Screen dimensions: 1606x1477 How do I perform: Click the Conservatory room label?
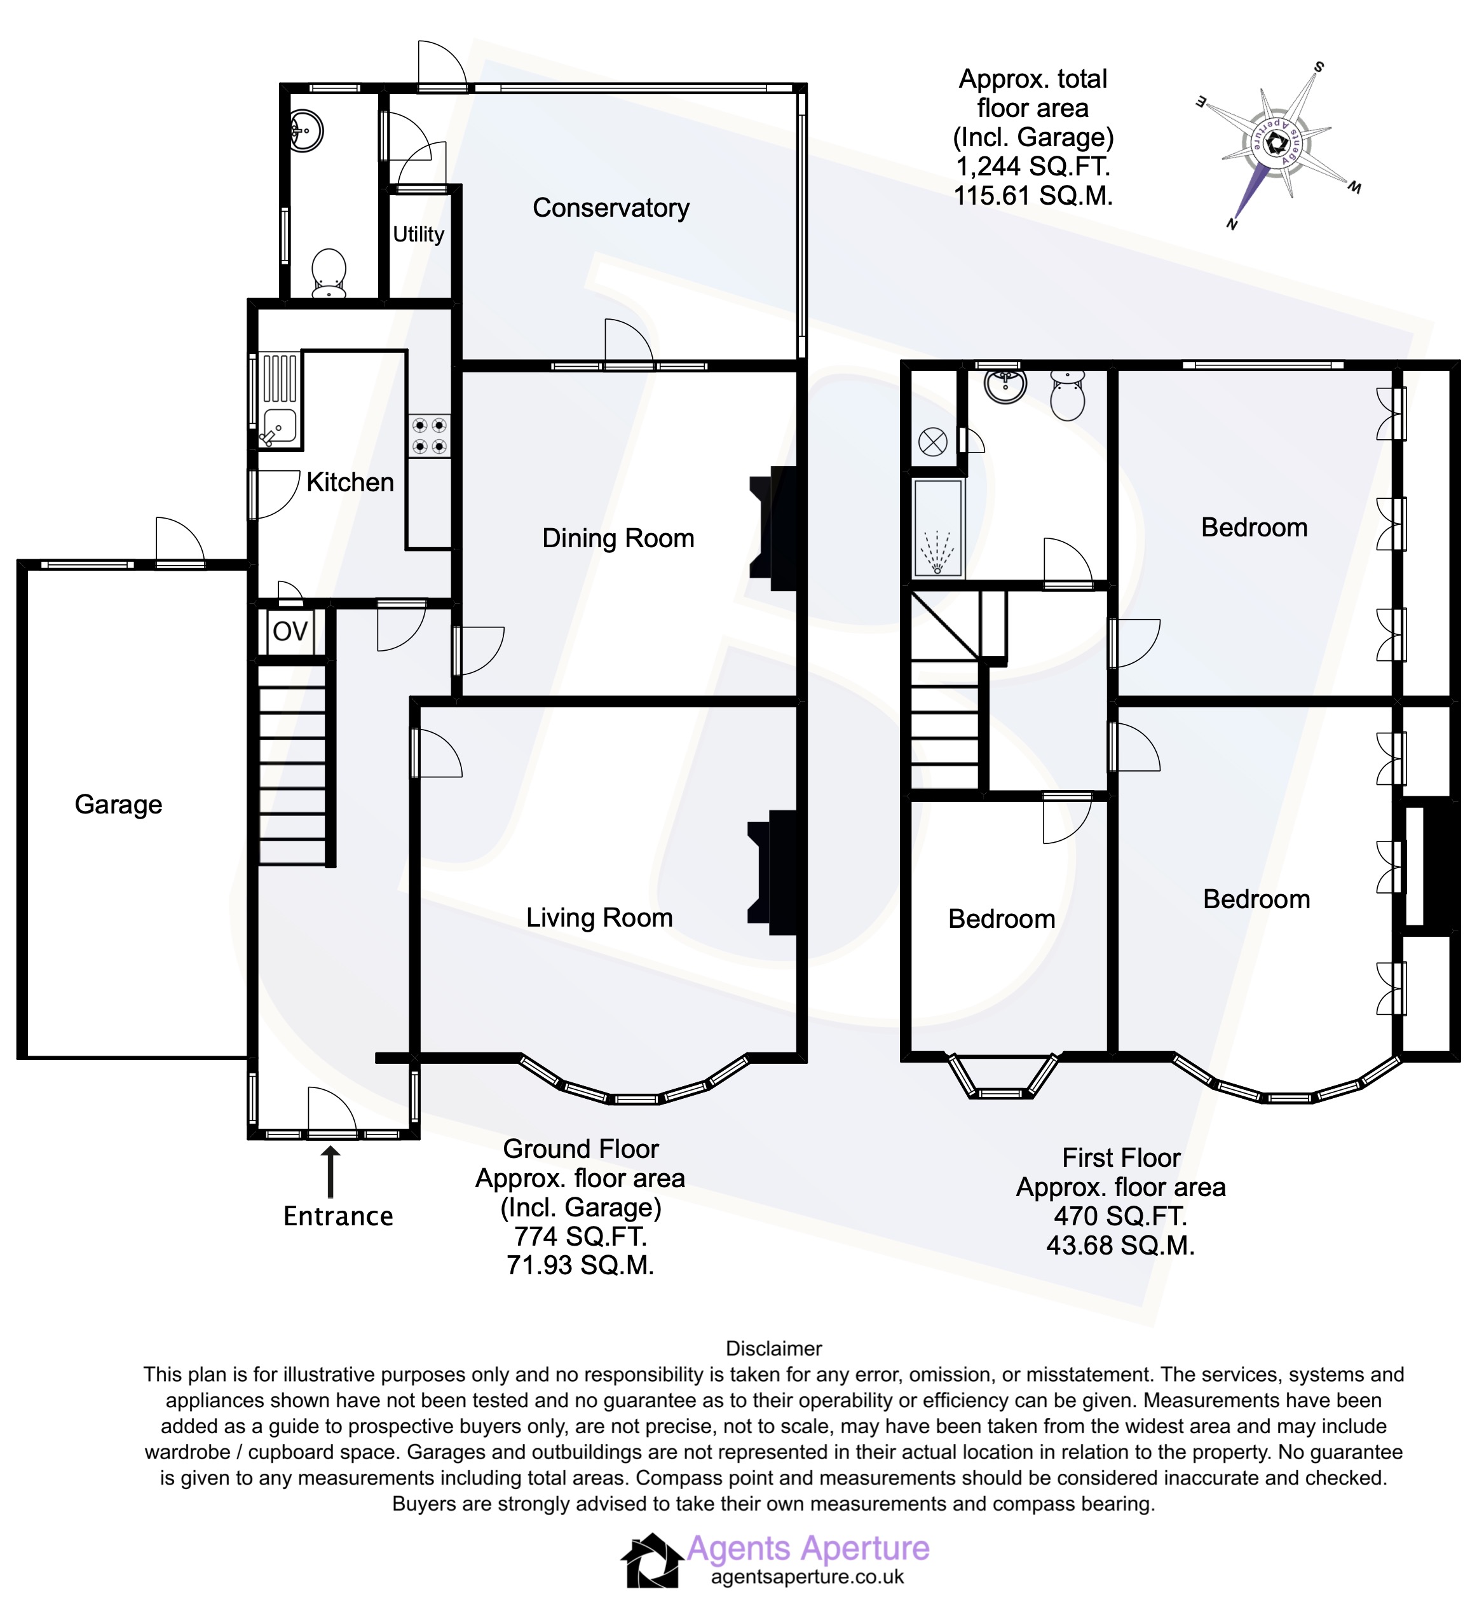pos(611,208)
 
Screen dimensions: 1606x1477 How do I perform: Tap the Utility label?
pos(418,235)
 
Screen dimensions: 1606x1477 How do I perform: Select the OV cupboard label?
pos(290,632)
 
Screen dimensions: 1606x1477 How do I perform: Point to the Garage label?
pos(118,804)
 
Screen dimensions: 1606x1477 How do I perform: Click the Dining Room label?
pos(618,538)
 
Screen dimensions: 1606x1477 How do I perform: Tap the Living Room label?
pos(599,917)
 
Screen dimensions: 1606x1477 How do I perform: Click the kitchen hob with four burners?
pos(429,436)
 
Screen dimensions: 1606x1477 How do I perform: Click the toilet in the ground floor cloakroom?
pos(329,273)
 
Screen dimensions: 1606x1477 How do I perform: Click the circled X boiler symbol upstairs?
pos(933,442)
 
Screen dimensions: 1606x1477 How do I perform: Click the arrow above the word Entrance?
pos(330,1172)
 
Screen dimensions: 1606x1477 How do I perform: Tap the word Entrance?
pos(338,1216)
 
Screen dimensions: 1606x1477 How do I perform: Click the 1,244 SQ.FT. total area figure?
pos(1033,167)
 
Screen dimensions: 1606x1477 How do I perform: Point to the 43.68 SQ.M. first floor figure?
pos(1120,1246)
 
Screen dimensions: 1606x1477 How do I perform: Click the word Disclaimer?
pos(773,1349)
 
